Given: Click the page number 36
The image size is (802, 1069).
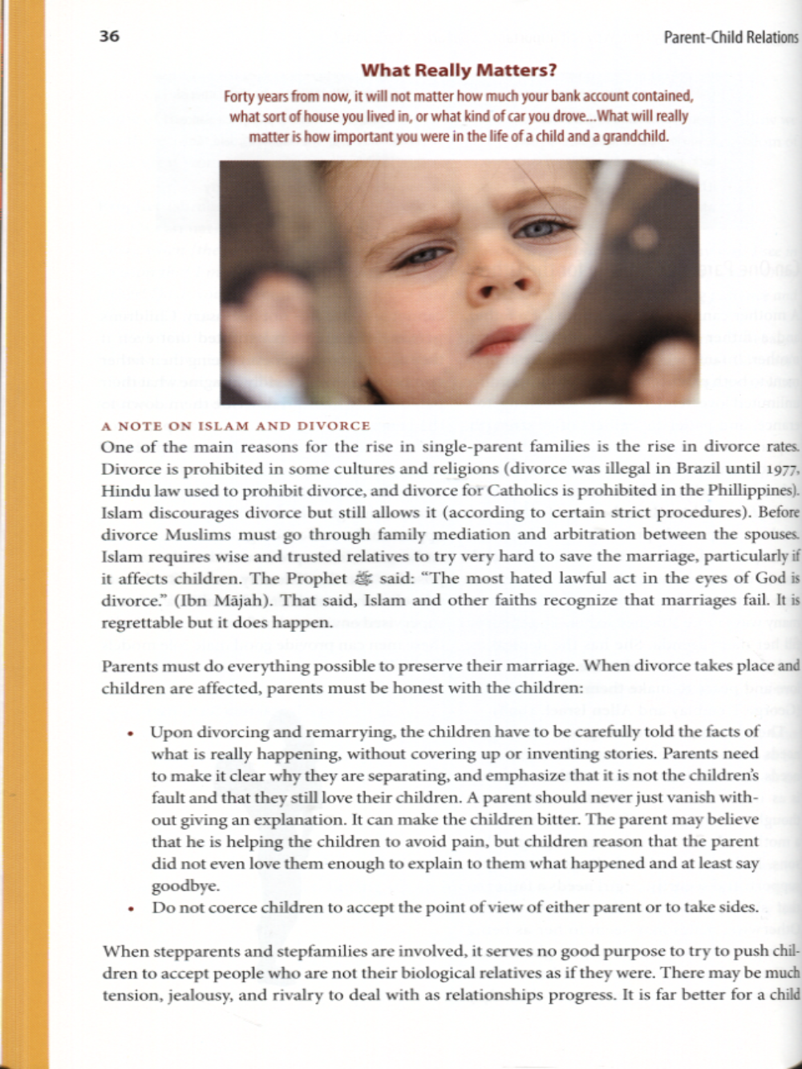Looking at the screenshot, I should click(x=109, y=36).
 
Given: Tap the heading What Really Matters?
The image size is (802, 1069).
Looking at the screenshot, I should click(x=458, y=71).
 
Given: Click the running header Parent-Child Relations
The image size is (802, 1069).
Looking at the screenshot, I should click(x=730, y=37).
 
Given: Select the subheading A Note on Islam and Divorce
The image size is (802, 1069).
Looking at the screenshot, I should click(x=236, y=426).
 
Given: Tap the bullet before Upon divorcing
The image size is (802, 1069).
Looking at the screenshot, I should click(x=131, y=733).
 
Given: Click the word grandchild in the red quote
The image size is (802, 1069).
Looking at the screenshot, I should click(x=635, y=136).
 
